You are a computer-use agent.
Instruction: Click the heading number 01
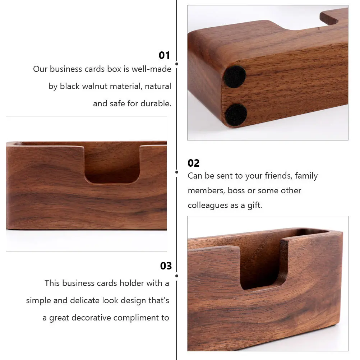coord(164,55)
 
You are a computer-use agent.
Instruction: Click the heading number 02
coord(193,163)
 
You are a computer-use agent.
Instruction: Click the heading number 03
coord(166,266)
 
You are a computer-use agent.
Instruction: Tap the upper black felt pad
coord(235,77)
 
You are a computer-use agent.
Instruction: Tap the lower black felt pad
coord(236,114)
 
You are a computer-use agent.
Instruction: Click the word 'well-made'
coord(151,69)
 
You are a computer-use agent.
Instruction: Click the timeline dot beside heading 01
coord(177,64)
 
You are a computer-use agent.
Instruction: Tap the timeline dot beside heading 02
coord(177,172)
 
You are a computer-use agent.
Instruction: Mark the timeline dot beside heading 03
coord(177,276)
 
